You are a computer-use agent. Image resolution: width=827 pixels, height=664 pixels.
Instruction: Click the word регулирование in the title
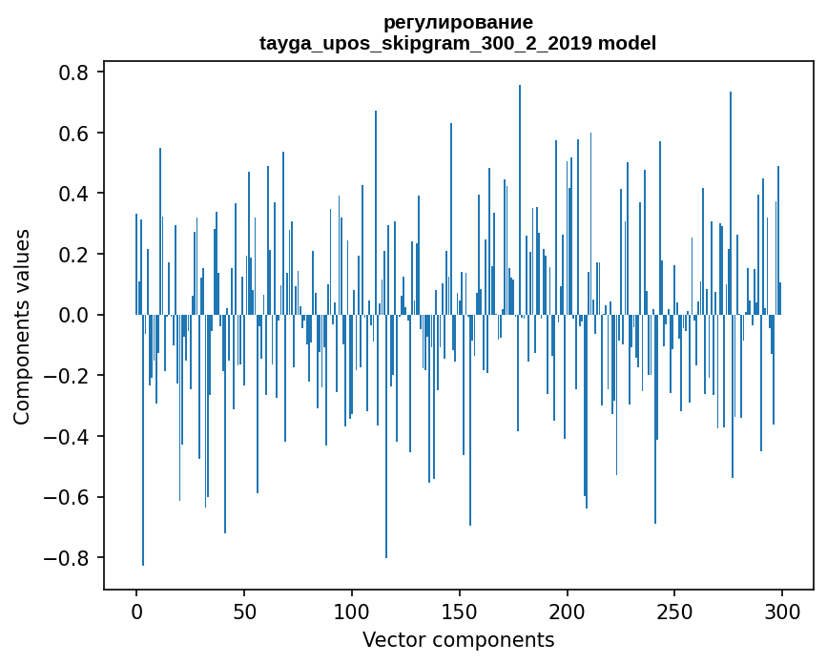click(x=458, y=22)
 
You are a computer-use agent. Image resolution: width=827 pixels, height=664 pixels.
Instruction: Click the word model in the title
click(x=626, y=43)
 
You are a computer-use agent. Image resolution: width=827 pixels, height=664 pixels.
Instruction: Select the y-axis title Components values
click(x=22, y=326)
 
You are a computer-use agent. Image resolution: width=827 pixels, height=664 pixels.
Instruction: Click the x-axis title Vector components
click(x=458, y=639)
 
